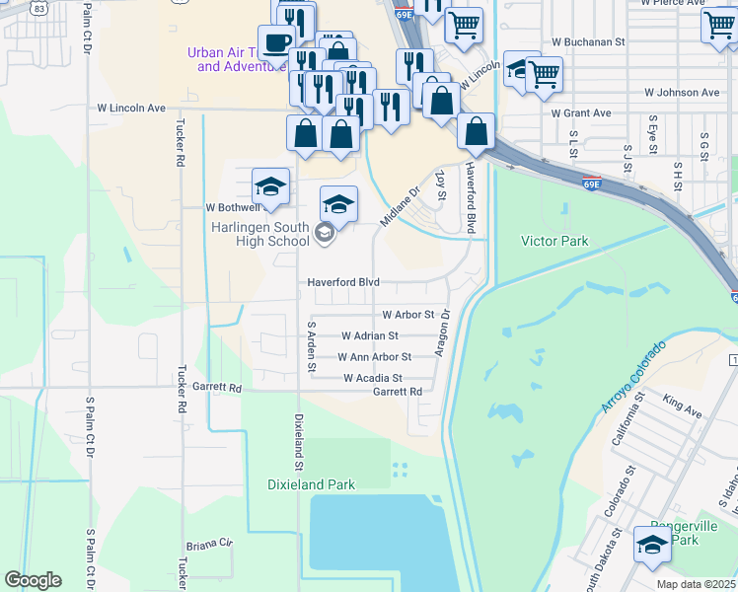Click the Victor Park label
(553, 241)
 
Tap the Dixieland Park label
(311, 484)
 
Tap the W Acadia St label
(372, 378)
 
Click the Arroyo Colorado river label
(632, 377)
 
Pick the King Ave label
(682, 407)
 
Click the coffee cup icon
(275, 42)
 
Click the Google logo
(33, 580)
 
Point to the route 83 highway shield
(37, 7)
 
